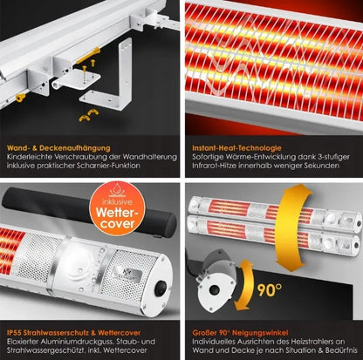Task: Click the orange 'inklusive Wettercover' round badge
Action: click(117, 208)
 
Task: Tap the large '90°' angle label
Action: click(270, 290)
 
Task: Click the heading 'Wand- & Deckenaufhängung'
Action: click(58, 148)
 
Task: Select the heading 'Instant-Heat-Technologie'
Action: click(236, 148)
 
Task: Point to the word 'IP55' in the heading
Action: click(14, 333)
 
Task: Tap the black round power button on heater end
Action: click(161, 289)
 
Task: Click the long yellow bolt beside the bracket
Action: click(88, 56)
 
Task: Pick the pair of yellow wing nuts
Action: click(89, 115)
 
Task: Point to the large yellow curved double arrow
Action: click(291, 228)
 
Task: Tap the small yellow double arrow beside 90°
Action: click(243, 285)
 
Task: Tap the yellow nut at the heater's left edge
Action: click(20, 98)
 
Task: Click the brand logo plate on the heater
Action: click(125, 273)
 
